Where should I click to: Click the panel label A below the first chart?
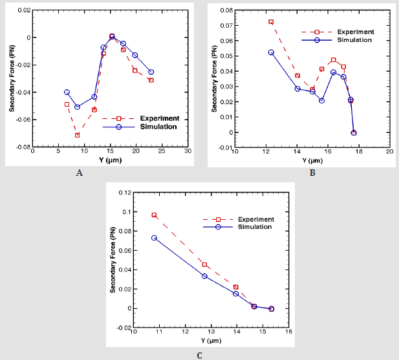coord(80,173)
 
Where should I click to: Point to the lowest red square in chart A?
coord(77,135)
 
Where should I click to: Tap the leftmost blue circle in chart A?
coord(67,92)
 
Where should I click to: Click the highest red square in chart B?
coord(271,22)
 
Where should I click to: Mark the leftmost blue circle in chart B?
coord(271,52)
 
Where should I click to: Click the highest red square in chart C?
coord(154,215)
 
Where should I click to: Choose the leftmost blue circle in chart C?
coord(154,238)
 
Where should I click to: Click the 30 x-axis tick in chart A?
coord(188,152)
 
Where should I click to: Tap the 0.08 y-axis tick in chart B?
coord(226,10)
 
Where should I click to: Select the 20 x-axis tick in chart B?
coord(390,152)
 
